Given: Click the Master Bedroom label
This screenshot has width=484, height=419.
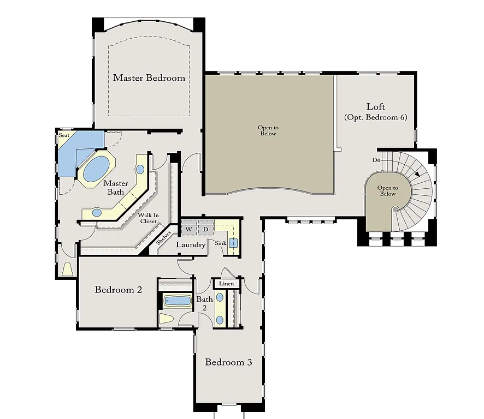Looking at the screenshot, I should [x=149, y=78].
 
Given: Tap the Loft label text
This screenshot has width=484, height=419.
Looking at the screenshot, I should [x=376, y=106].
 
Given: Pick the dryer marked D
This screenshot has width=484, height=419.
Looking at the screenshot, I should [x=206, y=229].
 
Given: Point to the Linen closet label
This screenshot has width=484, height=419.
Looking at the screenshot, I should [x=226, y=284].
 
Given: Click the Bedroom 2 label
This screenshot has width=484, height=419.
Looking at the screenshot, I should [x=119, y=290].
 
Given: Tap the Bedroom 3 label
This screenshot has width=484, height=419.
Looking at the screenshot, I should [x=228, y=362].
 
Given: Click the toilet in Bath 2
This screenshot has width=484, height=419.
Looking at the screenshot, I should [x=166, y=318].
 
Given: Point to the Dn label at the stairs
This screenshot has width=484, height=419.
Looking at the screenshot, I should [x=376, y=160].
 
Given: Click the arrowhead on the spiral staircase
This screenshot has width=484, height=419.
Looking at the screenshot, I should [x=417, y=175].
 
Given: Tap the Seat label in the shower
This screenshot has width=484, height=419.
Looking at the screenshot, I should [x=64, y=135].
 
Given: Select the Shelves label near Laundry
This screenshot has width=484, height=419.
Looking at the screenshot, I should [x=164, y=238].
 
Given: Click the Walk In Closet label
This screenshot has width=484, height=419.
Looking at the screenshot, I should [x=147, y=218].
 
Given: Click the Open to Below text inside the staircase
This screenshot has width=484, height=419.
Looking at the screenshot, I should [x=387, y=190].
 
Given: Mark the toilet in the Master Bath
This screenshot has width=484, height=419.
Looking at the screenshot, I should [x=68, y=269].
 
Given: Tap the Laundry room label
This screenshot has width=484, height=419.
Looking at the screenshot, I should [x=191, y=245].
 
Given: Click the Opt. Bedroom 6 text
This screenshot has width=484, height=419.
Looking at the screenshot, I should [x=376, y=117].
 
